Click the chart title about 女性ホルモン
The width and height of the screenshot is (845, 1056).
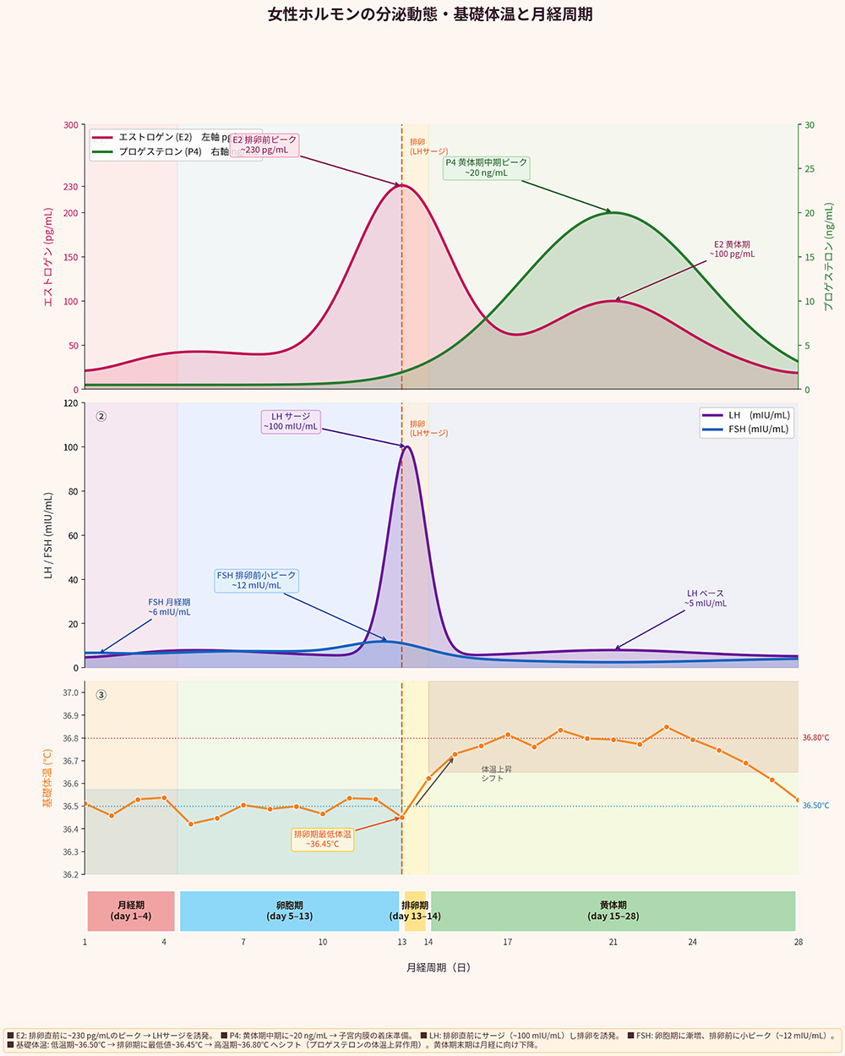tap(430, 15)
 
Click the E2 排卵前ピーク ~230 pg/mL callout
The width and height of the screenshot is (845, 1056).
tap(264, 145)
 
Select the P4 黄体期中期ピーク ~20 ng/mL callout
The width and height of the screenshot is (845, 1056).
tap(487, 167)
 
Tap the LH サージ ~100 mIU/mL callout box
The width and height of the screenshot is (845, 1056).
tap(291, 421)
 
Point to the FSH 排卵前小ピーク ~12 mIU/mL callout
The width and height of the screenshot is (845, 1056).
tap(257, 580)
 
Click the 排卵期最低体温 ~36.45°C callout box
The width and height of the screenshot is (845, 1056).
tap(323, 839)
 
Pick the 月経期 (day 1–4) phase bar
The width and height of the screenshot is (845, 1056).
tap(131, 911)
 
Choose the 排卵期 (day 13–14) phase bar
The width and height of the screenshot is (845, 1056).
tap(415, 911)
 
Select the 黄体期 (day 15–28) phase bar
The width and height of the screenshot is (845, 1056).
tap(613, 911)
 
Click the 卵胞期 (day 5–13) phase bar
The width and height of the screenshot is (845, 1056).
tap(289, 911)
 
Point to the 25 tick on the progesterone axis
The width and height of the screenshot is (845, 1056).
tap(810, 169)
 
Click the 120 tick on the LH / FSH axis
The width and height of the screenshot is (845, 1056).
tap(70, 403)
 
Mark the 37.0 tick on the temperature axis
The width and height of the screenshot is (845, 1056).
tap(70, 693)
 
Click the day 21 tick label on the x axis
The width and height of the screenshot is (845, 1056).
tap(613, 942)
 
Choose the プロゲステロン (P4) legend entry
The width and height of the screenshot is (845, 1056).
tap(161, 152)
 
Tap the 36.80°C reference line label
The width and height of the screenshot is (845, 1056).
tap(815, 738)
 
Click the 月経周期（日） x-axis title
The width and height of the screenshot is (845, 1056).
tap(438, 967)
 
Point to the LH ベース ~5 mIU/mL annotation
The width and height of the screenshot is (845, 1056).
tap(706, 599)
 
